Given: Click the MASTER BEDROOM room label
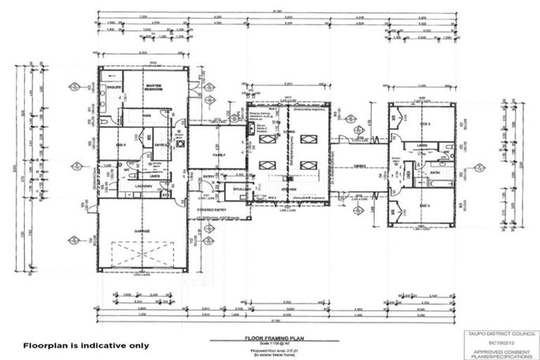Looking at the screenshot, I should pyautogui.click(x=154, y=88).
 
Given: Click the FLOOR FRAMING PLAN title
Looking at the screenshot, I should pyautogui.click(x=269, y=337).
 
